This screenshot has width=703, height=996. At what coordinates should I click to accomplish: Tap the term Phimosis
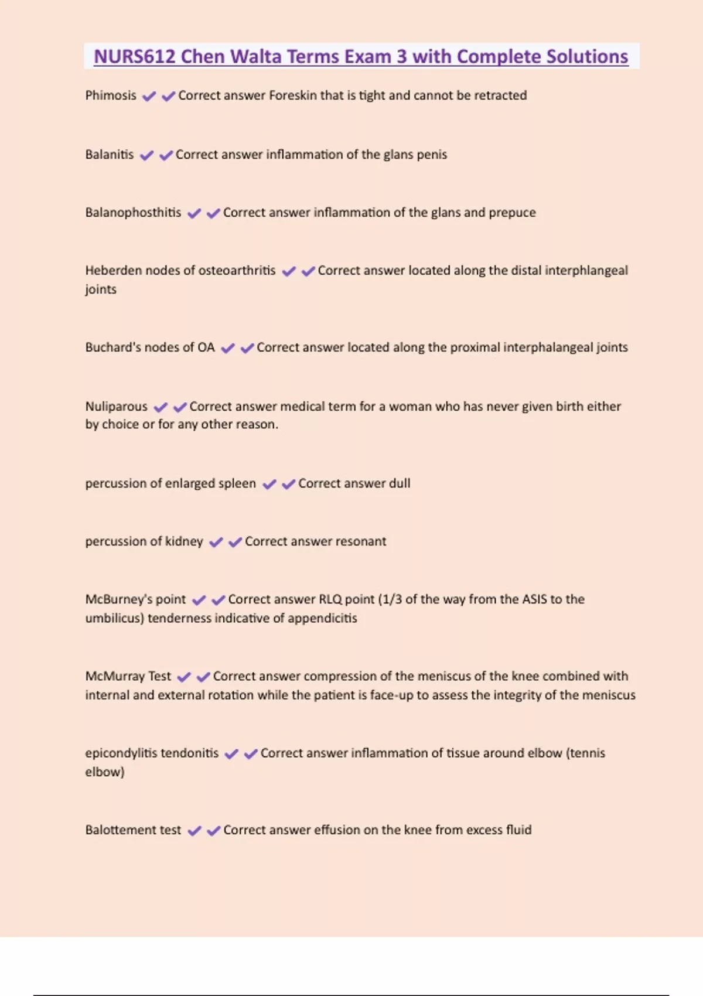pyautogui.click(x=111, y=95)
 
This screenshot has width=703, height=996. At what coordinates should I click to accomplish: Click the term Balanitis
pyautogui.click(x=110, y=155)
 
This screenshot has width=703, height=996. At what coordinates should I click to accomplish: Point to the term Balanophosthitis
pyautogui.click(x=133, y=213)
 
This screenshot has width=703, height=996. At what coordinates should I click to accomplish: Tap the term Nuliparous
pyautogui.click(x=116, y=407)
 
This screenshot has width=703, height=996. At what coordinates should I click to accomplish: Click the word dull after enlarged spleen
pyautogui.click(x=400, y=483)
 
